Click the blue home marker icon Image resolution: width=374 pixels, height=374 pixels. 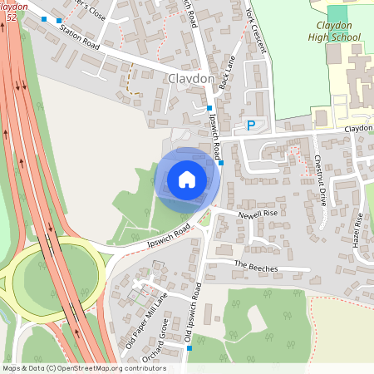pos(187,179)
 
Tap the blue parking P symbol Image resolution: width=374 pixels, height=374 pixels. pos(250,126)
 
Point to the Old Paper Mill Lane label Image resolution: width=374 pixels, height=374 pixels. pos(145,320)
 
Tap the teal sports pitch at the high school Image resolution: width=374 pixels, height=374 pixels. pos(338,14)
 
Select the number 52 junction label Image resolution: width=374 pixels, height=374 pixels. pos(9,17)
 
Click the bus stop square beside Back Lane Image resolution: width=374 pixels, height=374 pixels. pos(209,108)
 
